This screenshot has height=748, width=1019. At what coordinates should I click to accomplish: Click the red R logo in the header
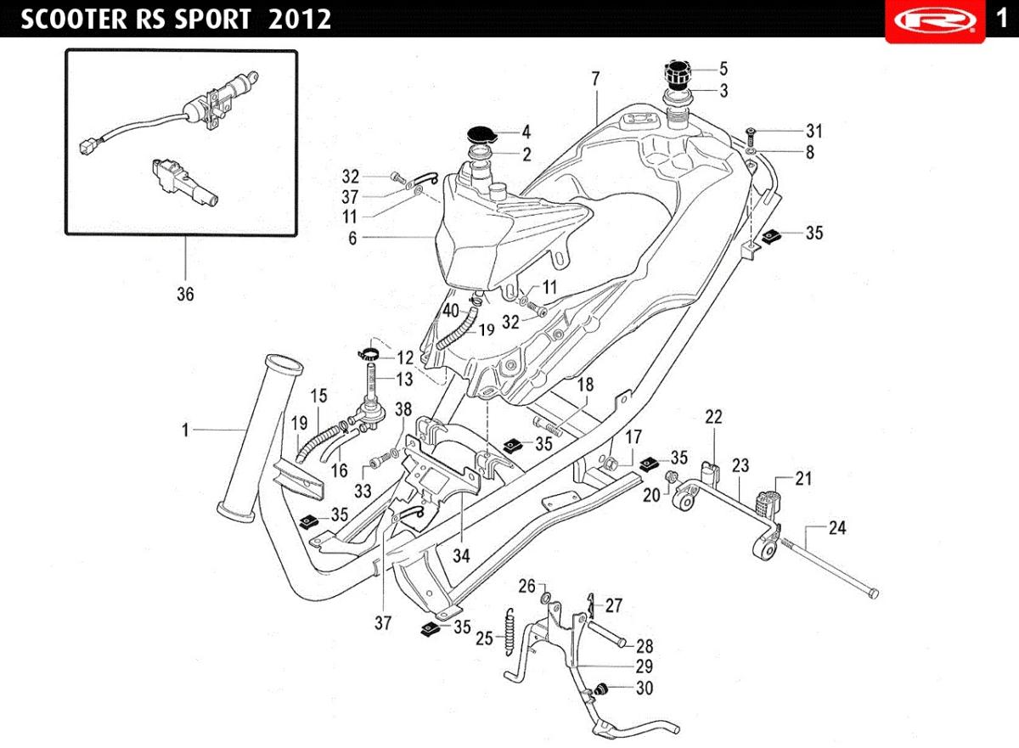[x=935, y=21]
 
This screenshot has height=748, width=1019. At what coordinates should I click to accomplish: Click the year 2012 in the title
[x=299, y=19]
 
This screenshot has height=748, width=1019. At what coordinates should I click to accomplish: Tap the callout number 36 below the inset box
[x=185, y=295]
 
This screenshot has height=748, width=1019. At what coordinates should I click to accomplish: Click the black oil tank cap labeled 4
[x=481, y=135]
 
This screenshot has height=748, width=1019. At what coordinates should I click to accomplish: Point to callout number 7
[x=595, y=79]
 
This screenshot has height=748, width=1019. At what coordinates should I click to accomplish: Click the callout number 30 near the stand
[x=645, y=688]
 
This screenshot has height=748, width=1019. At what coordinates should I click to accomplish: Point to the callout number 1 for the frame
[x=185, y=430]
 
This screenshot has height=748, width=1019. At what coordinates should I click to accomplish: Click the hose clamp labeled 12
[x=369, y=353]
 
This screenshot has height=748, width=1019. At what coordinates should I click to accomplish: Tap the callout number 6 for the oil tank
[x=352, y=238]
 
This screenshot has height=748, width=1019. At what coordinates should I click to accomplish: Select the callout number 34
[x=461, y=555]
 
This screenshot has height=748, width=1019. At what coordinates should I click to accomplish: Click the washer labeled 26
[x=546, y=597]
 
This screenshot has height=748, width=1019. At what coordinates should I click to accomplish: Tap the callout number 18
[x=585, y=385]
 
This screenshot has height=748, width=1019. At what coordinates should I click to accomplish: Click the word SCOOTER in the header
[x=74, y=19]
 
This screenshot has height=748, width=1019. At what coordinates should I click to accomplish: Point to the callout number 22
[x=713, y=417]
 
